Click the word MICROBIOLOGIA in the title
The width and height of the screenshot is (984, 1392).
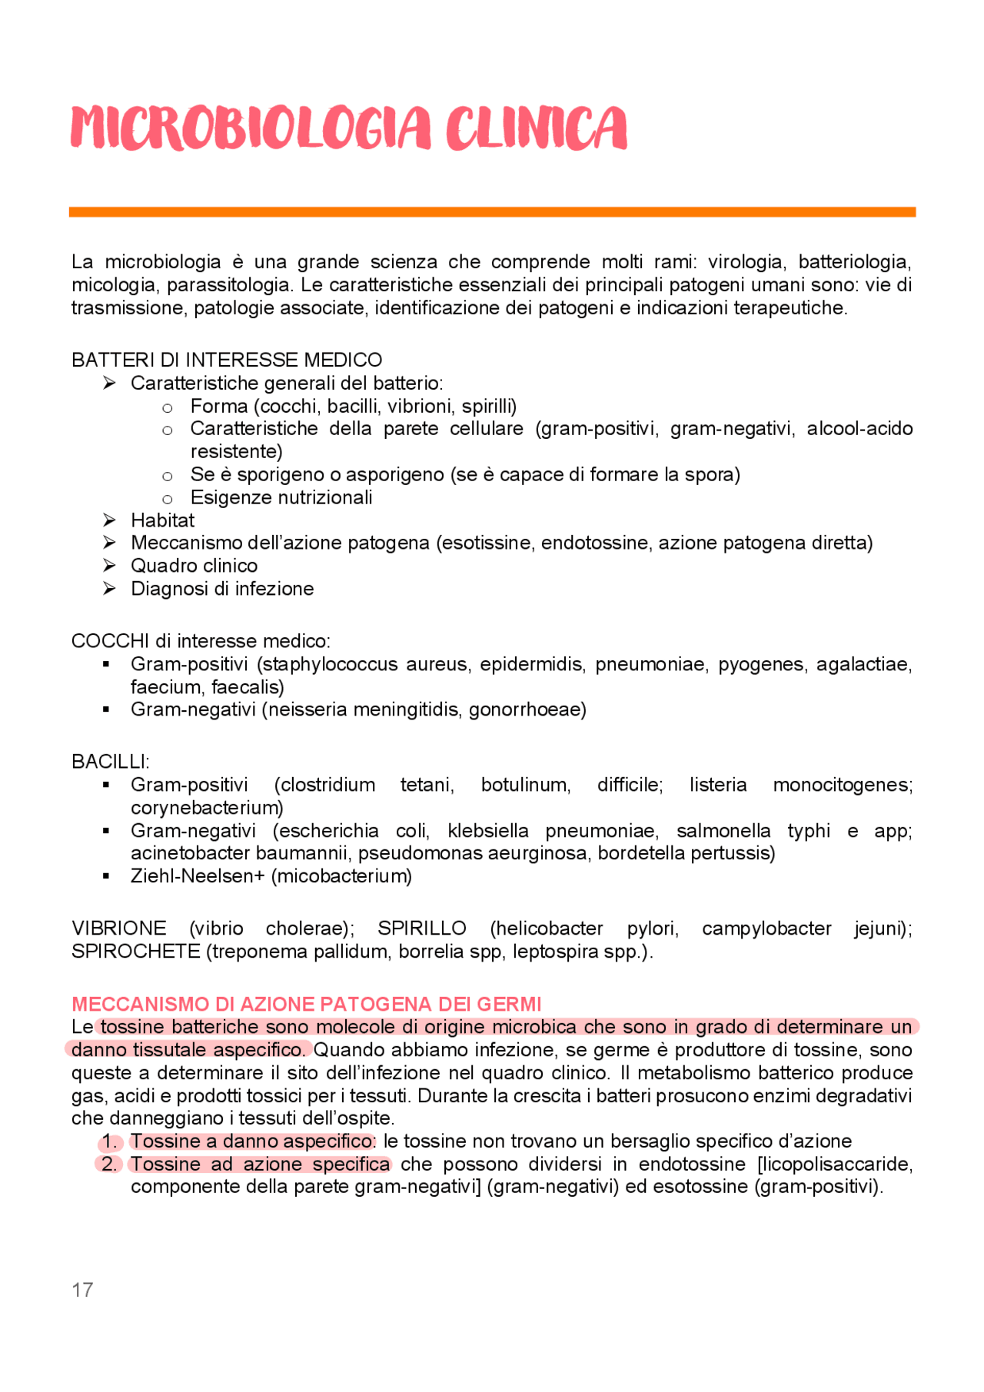click(x=250, y=128)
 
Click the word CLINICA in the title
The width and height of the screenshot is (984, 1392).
click(x=536, y=128)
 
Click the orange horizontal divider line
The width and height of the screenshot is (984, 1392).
click(x=492, y=211)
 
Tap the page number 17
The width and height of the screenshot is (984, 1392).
click(x=82, y=1289)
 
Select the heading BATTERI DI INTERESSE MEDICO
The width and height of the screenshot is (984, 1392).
click(x=227, y=360)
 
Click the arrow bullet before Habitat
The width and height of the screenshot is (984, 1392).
click(x=109, y=520)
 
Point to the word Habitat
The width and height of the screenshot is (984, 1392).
click(x=162, y=520)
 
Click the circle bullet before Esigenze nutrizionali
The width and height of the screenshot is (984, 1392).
click(x=168, y=499)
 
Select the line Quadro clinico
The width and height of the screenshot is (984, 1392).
click(x=194, y=566)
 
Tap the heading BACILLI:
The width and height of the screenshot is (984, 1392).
click(x=110, y=762)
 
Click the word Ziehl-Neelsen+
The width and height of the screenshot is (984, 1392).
click(x=198, y=876)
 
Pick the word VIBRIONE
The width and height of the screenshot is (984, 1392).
click(x=118, y=929)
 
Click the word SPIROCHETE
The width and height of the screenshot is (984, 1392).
click(x=135, y=952)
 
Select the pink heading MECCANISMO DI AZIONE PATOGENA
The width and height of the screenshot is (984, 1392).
click(x=306, y=1004)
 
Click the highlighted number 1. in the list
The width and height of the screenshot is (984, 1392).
click(x=110, y=1141)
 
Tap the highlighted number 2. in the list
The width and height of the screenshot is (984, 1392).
click(x=109, y=1164)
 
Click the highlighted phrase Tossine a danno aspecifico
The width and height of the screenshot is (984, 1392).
click(x=251, y=1141)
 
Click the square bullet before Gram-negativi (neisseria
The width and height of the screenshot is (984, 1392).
click(x=106, y=709)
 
